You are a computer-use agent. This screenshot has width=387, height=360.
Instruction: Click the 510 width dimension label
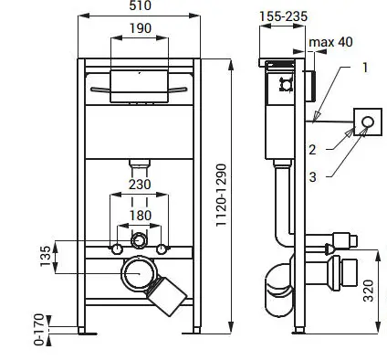(140, 5)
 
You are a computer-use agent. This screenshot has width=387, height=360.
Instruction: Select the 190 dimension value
(141, 28)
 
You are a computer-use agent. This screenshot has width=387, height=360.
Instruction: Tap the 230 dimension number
(140, 185)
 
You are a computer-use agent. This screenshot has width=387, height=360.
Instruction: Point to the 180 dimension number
(141, 216)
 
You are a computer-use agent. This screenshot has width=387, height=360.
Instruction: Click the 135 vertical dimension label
(46, 256)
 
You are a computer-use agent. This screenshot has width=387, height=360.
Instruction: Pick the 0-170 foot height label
(39, 330)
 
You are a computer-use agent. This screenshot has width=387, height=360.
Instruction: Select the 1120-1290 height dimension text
(222, 196)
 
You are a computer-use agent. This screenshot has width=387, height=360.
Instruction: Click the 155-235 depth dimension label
(283, 16)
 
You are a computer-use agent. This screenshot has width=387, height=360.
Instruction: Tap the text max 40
(330, 42)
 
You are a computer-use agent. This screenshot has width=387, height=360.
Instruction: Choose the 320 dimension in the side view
(369, 291)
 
